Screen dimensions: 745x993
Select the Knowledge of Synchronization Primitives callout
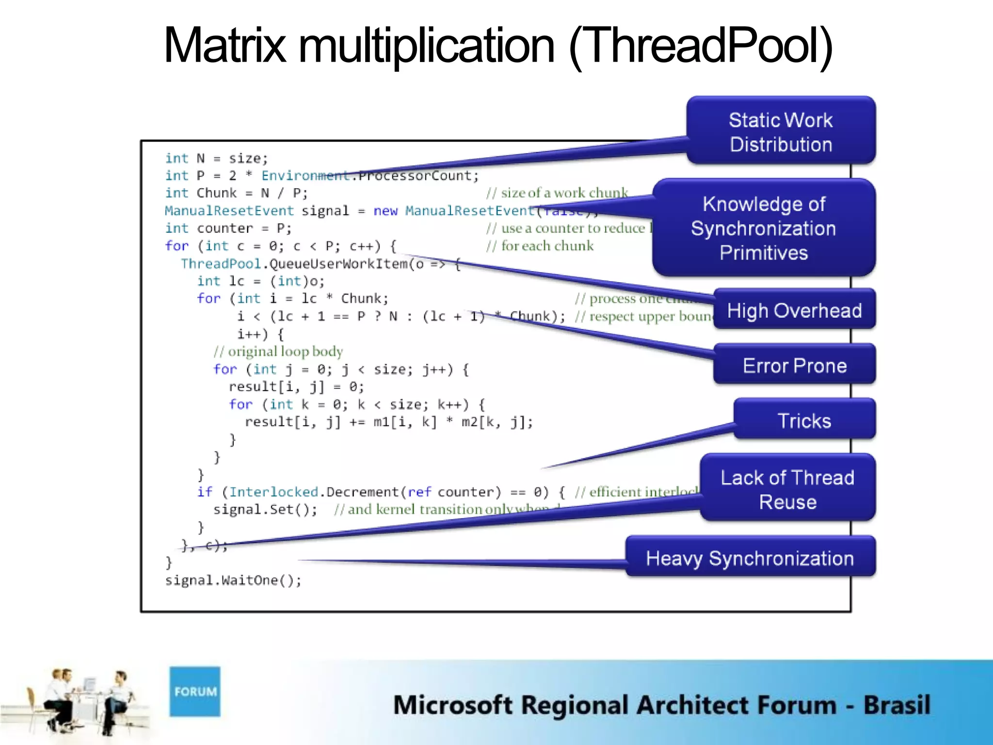pos(764,228)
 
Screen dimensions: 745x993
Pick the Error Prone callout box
pos(794,365)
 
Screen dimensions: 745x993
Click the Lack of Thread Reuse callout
pos(787,489)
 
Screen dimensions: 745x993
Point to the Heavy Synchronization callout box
pos(750,558)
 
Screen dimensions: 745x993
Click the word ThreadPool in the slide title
pos(701,46)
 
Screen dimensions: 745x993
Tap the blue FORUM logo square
pos(195,691)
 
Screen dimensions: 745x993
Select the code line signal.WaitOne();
pos(233,580)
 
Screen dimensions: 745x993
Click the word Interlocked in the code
pos(273,492)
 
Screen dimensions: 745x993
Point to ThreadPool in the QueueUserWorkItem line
pos(221,263)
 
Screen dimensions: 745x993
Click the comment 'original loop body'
pos(278,351)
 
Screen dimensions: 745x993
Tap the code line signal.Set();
pos(265,509)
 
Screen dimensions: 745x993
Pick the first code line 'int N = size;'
pos(216,158)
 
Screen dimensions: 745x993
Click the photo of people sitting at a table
pos(80,701)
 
